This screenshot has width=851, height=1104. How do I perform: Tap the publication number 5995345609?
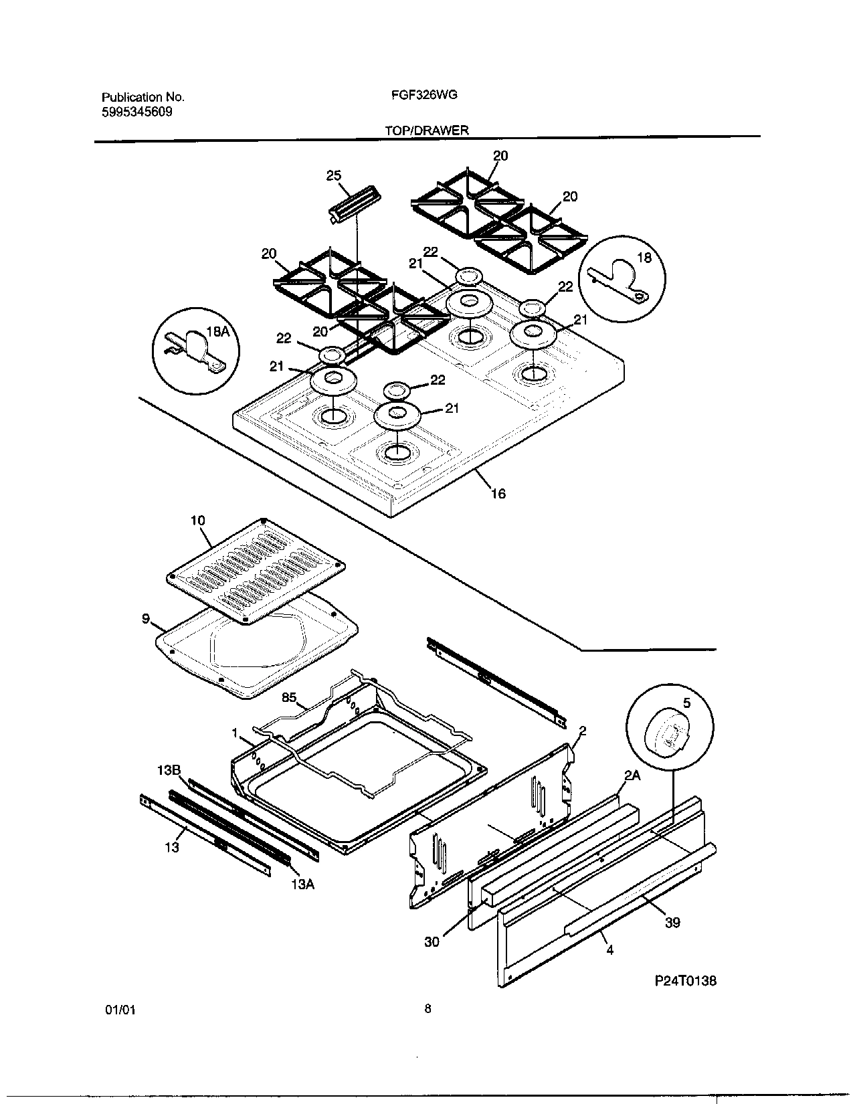[136, 112]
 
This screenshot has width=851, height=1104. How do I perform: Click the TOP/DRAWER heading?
[426, 130]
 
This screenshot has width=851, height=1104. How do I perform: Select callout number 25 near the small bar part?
[333, 176]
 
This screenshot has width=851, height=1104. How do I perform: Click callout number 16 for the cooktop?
[498, 494]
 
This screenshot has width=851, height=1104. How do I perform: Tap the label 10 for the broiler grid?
[197, 520]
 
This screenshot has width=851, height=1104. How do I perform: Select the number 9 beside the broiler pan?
[145, 619]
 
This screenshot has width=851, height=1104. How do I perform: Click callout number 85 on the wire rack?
[288, 697]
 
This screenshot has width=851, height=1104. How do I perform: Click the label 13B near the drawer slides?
[169, 770]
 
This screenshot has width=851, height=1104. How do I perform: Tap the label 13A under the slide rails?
[302, 884]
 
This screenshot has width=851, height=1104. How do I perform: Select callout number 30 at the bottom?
[432, 941]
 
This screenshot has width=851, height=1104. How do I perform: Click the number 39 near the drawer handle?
[672, 922]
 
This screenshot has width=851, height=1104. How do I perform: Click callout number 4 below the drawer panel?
[609, 949]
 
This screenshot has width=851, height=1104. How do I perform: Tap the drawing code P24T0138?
[685, 981]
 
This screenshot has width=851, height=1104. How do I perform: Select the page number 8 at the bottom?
[428, 1009]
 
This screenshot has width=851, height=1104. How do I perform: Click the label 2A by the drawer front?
[632, 775]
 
